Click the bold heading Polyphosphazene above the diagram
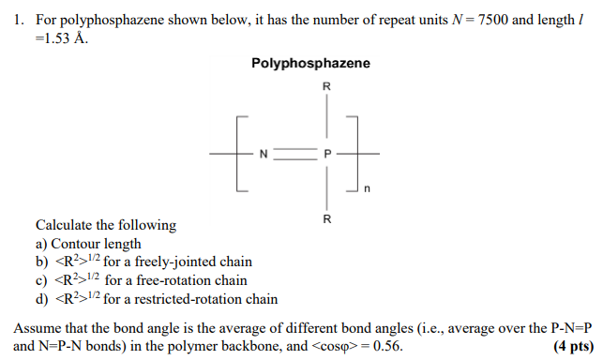point(310,64)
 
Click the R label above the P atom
point(326,87)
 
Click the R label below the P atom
point(326,219)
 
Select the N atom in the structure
point(264,153)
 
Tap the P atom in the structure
point(326,153)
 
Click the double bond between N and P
point(295,153)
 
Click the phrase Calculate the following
point(105,225)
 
